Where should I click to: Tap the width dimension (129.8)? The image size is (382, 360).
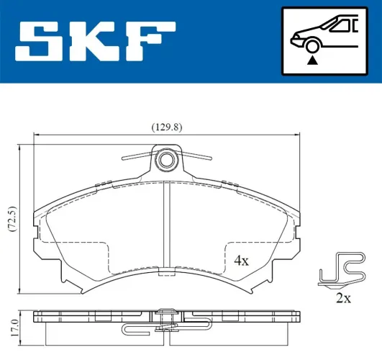tap(166, 127)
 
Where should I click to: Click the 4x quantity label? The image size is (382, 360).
tap(240, 260)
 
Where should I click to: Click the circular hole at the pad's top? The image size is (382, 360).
tap(167, 160)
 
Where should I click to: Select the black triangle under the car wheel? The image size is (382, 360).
tap(311, 60)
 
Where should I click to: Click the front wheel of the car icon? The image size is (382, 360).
tap(311, 47)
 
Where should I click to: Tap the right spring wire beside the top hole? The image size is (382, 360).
tap(196, 156)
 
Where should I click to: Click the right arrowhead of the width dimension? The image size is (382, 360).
tap(297, 135)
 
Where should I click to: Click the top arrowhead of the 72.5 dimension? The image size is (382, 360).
tap(20, 148)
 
